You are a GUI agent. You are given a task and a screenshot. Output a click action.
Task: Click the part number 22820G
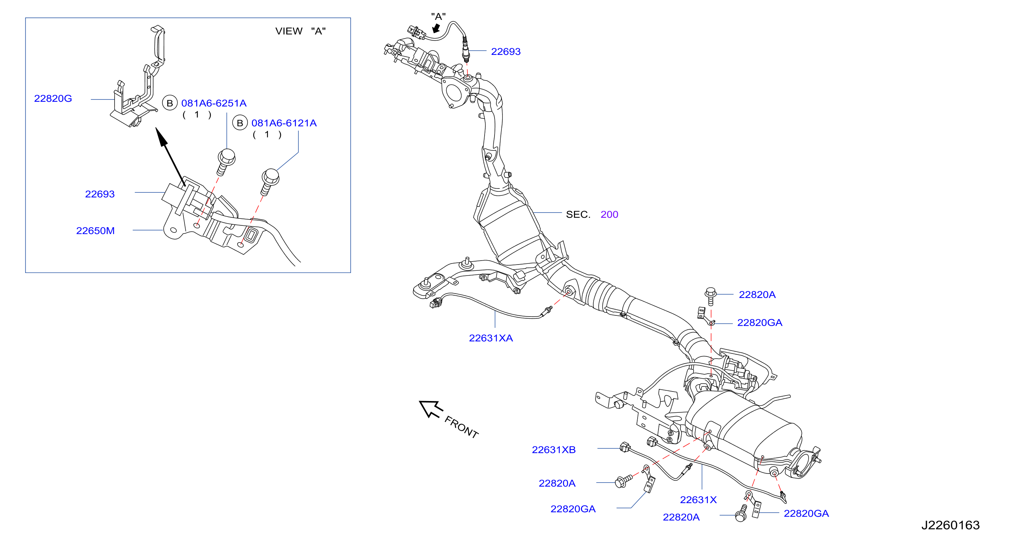(53, 98)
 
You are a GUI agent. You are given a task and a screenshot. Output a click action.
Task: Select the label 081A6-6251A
(214, 103)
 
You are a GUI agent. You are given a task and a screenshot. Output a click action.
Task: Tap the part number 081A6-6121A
(284, 123)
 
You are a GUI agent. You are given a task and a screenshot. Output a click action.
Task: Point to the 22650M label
(95, 231)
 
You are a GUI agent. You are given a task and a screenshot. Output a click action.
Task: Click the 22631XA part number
(491, 338)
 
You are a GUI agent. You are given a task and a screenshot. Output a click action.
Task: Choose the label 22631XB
(554, 450)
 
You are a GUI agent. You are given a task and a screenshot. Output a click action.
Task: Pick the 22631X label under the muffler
(698, 500)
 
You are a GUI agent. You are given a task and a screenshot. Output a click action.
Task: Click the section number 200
(609, 214)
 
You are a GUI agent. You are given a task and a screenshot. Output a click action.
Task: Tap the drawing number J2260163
(951, 525)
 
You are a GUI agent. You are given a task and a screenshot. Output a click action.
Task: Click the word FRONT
(461, 427)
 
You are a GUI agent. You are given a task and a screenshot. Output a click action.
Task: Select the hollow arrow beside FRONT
(430, 409)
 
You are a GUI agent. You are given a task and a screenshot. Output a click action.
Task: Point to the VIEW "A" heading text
(301, 31)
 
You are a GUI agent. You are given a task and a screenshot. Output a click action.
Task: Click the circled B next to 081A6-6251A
(170, 103)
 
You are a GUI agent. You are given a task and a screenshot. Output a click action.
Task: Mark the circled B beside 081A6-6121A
(240, 123)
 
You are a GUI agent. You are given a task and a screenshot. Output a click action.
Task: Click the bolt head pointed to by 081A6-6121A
(271, 176)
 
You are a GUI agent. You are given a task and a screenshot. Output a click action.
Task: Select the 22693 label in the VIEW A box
(100, 194)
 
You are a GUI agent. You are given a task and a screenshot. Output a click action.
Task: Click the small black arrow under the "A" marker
(436, 28)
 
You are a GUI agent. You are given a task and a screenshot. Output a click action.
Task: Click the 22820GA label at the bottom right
(806, 513)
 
